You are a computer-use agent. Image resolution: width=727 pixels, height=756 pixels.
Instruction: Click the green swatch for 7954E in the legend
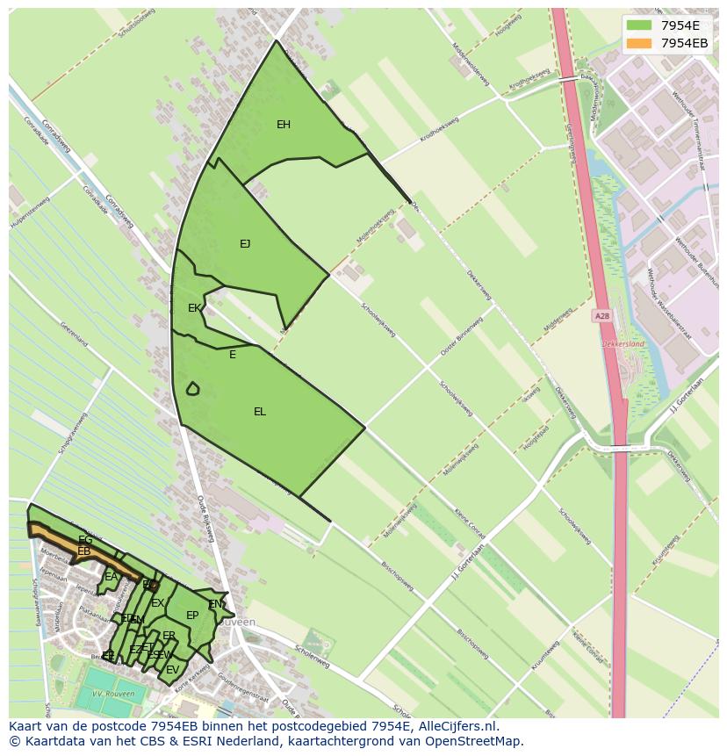click(639, 25)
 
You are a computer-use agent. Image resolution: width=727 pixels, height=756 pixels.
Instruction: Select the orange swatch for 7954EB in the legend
click(639, 43)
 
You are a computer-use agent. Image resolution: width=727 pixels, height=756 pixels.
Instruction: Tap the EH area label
click(284, 125)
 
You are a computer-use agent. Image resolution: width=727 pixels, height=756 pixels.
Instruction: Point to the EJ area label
click(245, 244)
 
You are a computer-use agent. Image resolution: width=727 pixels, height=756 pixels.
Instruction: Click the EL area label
click(260, 412)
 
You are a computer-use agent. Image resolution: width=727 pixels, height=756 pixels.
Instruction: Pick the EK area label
click(193, 308)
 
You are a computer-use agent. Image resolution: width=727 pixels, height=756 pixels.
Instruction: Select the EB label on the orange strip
click(84, 551)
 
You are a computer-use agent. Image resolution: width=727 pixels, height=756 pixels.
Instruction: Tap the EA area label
click(111, 577)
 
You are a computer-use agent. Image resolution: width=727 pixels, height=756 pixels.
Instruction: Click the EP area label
click(192, 616)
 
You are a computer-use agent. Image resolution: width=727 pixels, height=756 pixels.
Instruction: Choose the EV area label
click(172, 670)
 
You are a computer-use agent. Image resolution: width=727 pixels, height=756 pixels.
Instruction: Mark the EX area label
click(157, 603)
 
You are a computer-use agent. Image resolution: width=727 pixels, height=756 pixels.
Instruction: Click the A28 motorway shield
click(601, 316)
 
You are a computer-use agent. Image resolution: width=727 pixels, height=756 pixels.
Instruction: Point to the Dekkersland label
click(623, 344)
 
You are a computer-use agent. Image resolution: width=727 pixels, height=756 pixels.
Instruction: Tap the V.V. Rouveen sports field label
click(113, 694)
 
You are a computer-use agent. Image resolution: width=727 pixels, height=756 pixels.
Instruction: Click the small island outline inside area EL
click(192, 388)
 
